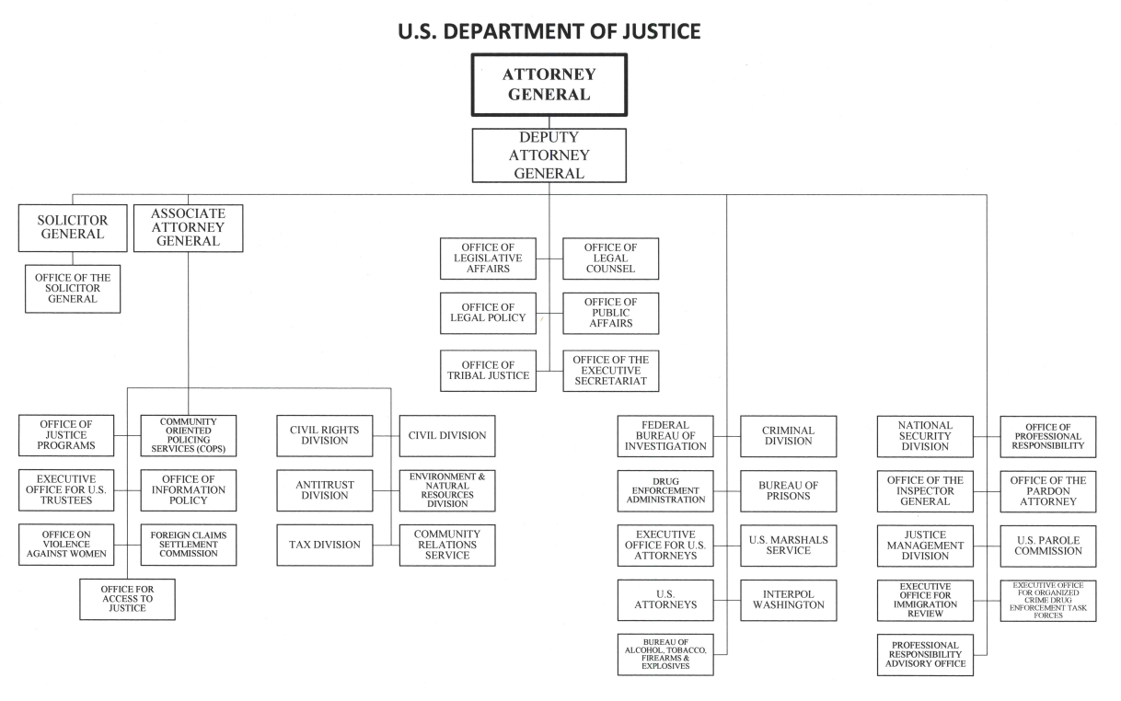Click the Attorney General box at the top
coord(549,85)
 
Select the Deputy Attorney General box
coord(549,155)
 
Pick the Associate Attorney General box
coord(188,227)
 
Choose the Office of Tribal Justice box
coord(488,371)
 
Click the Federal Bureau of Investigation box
coord(665,436)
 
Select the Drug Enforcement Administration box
coord(665,491)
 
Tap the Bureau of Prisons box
coord(789,491)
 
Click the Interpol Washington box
coord(789,600)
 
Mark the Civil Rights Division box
coord(325,436)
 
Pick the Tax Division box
coord(325,545)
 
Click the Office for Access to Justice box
coord(126,599)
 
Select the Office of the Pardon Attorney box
coord(1048,491)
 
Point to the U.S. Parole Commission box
coord(1048,546)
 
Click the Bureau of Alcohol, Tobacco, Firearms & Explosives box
coord(665,655)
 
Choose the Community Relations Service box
coord(447,545)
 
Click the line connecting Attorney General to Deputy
coord(549,122)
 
